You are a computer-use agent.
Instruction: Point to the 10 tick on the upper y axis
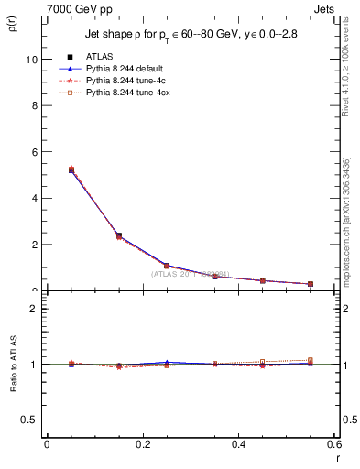[32, 59]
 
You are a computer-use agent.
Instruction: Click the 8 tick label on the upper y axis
[35, 104]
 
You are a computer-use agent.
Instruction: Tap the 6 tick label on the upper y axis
[35, 151]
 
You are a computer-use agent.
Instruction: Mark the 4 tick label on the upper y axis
[35, 198]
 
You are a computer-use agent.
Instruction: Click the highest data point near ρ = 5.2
[71, 169]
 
